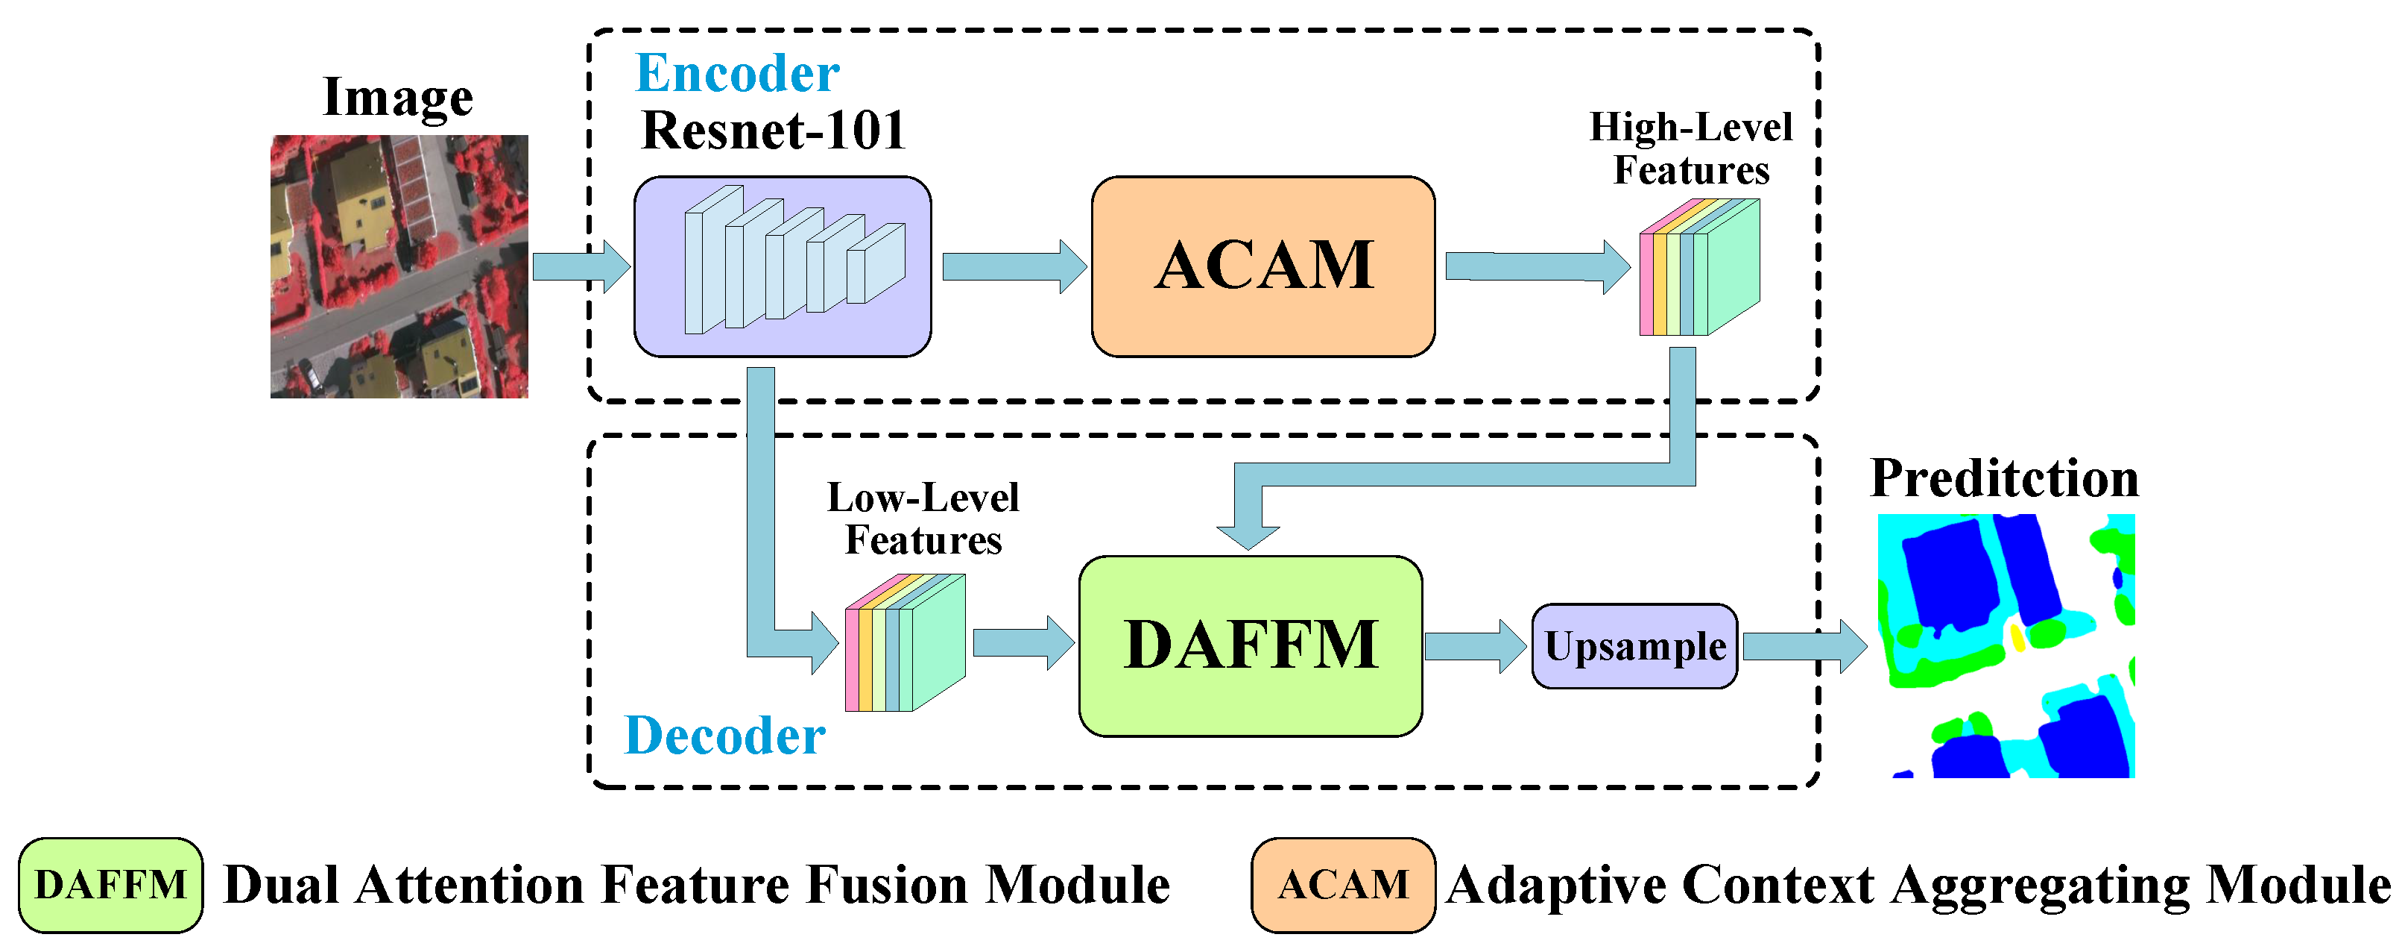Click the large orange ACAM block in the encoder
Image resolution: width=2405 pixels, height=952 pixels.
[1262, 266]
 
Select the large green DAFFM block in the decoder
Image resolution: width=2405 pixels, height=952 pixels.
[1250, 645]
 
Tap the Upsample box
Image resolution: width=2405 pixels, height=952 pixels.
[1634, 645]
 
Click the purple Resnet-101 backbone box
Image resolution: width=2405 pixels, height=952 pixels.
[783, 266]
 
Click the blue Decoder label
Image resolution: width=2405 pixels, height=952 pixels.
[724, 735]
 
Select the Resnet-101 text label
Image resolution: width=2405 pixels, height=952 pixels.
[773, 130]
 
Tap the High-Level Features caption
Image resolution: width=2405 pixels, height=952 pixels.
[1691, 148]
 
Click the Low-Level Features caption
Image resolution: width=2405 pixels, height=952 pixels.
[923, 519]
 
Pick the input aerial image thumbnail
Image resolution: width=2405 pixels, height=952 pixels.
[399, 266]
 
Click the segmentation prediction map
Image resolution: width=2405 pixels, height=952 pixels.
[2006, 645]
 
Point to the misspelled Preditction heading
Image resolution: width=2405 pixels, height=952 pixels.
[2005, 478]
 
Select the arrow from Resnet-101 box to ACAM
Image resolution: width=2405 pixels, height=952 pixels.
[1014, 266]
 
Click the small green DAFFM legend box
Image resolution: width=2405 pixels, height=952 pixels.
[110, 885]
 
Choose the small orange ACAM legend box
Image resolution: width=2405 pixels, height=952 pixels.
[1342, 885]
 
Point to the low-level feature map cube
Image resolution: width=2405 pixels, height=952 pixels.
[904, 645]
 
